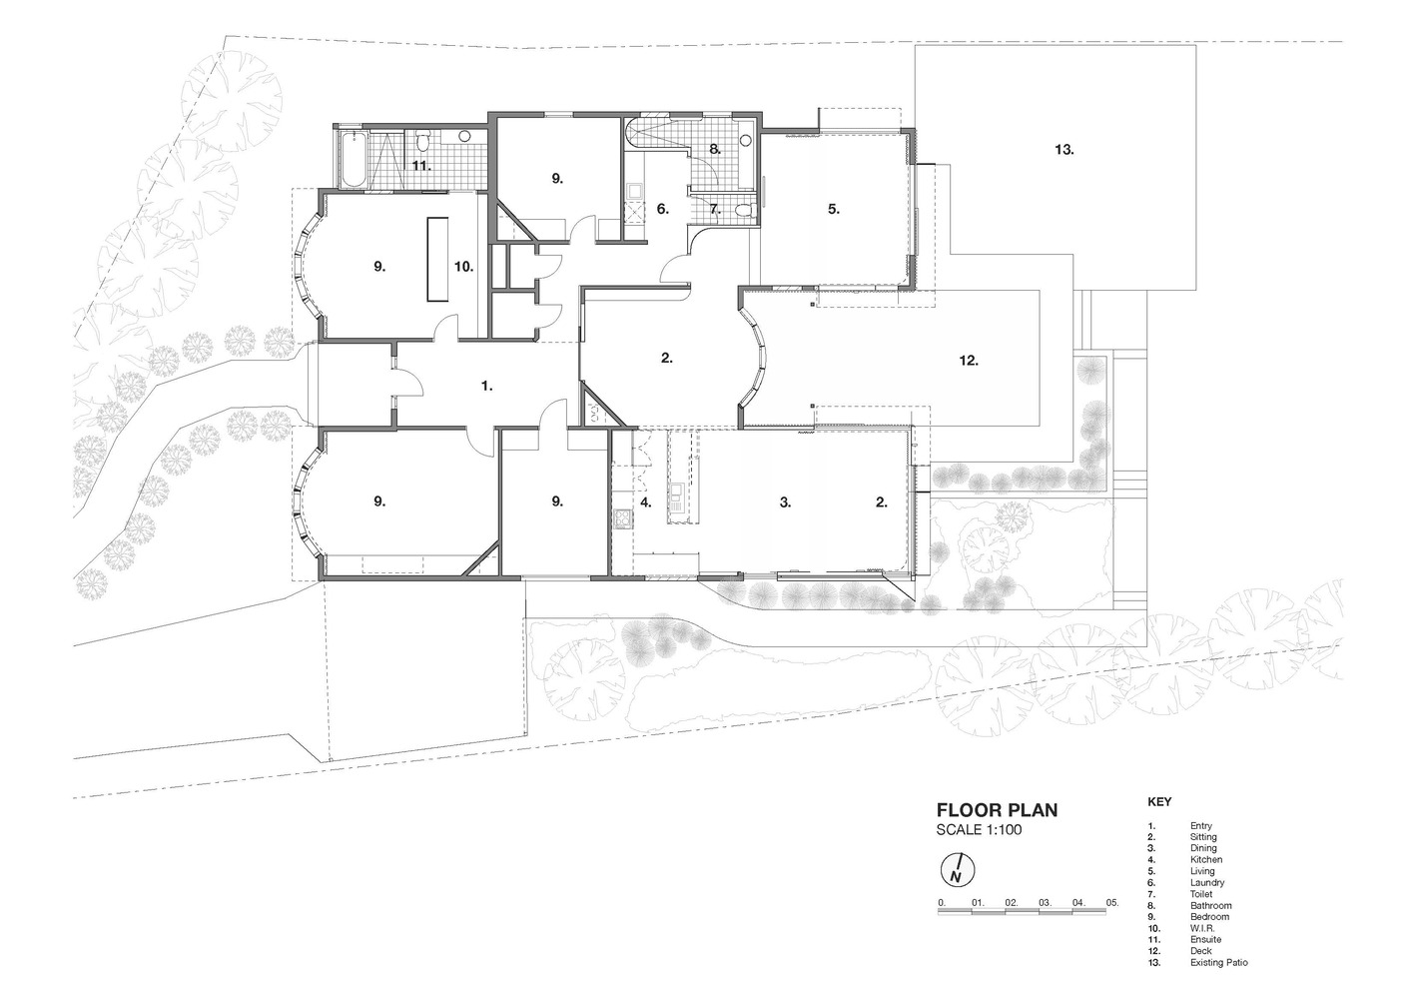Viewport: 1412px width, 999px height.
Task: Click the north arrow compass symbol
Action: point(958,871)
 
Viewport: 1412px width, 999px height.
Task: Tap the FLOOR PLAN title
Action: point(997,810)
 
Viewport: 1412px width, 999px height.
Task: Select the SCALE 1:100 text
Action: point(979,830)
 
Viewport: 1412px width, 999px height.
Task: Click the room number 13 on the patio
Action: point(1064,150)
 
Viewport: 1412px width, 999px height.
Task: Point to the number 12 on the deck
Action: point(969,360)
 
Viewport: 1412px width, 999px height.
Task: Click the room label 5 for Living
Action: point(834,209)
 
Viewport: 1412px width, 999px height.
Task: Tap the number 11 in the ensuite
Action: point(421,166)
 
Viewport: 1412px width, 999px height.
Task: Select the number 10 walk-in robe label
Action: point(463,267)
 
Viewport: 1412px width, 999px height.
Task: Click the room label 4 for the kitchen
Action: point(645,502)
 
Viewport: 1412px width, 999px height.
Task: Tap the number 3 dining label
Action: point(785,502)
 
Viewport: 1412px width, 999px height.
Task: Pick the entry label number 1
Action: point(486,386)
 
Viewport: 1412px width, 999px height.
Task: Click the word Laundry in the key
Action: point(1207,882)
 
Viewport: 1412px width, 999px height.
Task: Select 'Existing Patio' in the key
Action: point(1219,962)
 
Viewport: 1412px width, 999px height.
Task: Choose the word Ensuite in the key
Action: point(1206,939)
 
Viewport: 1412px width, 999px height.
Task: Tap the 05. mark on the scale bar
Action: point(1112,902)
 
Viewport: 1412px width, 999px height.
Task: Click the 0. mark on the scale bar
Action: point(942,902)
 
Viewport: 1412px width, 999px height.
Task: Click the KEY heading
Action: point(1159,801)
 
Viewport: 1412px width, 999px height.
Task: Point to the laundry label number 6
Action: point(662,209)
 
